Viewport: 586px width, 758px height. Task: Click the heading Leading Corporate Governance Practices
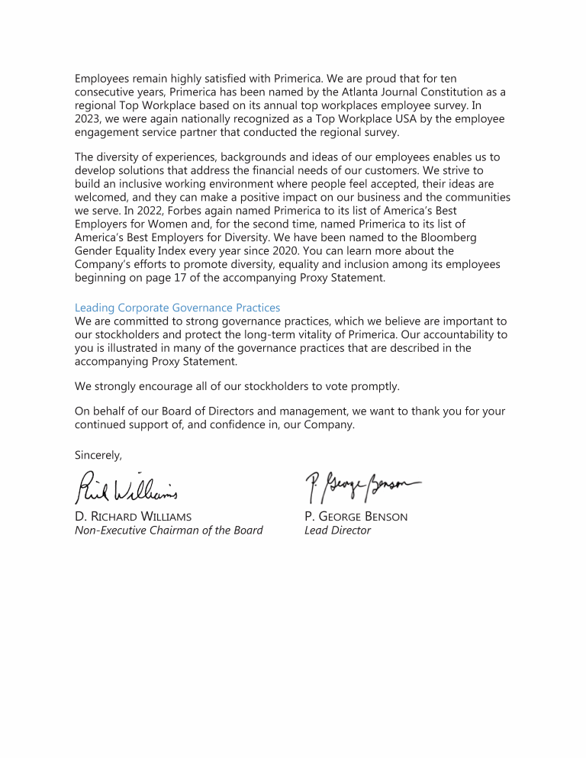(177, 308)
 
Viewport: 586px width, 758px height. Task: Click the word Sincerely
(98, 455)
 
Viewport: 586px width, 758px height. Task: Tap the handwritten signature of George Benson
(362, 482)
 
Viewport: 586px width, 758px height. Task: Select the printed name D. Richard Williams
(134, 517)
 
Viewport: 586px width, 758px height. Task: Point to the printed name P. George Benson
(356, 517)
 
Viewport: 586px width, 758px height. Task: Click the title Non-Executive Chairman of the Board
(169, 531)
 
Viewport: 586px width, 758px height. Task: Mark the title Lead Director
(337, 531)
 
